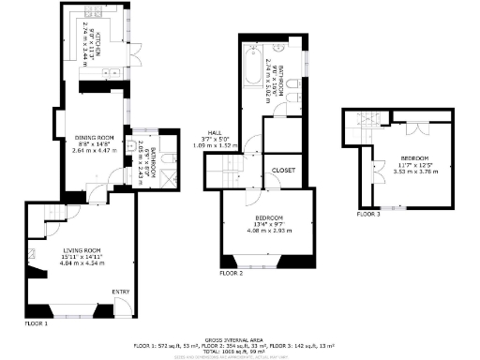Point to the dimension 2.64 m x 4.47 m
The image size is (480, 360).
(94, 150)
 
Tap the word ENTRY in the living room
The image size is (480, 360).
(121, 292)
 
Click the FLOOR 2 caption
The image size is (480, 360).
(231, 273)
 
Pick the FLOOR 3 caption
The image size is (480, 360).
(367, 214)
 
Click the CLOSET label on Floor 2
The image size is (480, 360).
(283, 171)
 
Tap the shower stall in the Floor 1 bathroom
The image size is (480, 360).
(168, 175)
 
